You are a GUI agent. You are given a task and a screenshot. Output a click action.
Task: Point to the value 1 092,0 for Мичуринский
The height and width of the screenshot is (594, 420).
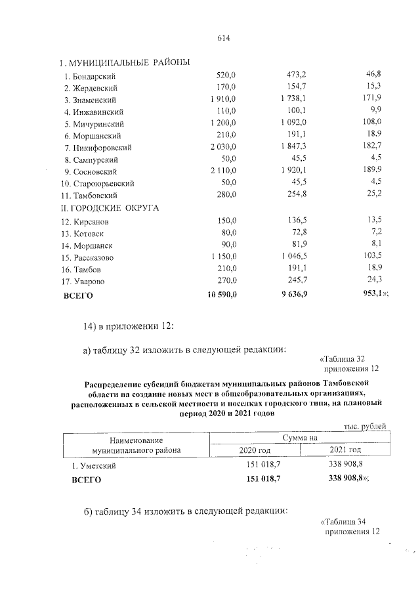[x=293, y=123]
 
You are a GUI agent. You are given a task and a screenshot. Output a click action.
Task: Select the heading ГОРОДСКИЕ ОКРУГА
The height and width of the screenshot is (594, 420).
[x=113, y=208]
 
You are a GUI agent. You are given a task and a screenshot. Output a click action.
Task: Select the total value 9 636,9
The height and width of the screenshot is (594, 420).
[x=293, y=295]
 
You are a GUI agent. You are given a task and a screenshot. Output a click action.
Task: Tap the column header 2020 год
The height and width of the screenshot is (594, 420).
[x=253, y=450]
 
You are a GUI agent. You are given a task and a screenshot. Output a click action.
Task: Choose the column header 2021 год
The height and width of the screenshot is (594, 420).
[x=344, y=450]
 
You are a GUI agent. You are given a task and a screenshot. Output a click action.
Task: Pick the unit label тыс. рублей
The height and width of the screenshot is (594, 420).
[x=365, y=427]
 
